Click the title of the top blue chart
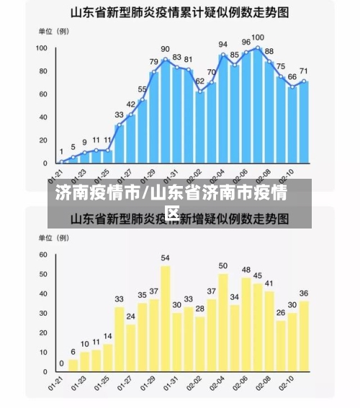click(x=180, y=12)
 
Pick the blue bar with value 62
click(x=200, y=126)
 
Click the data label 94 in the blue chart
click(x=223, y=45)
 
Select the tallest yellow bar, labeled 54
click(x=166, y=318)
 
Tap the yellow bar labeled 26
click(x=281, y=345)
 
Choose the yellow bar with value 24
click(x=131, y=347)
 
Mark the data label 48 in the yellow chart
click(x=246, y=270)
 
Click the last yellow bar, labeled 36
click(x=304, y=335)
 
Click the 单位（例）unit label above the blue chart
click(x=53, y=32)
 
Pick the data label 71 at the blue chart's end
click(x=304, y=71)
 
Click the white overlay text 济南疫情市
click(x=98, y=193)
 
